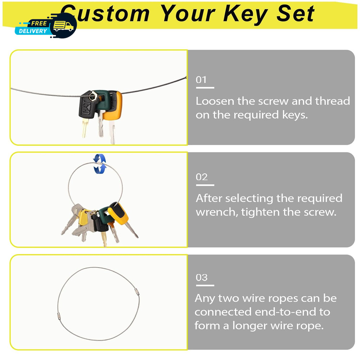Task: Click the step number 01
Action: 201,80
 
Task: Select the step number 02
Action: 202,177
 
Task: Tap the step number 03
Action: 202,277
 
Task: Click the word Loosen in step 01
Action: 215,101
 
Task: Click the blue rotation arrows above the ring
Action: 100,164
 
